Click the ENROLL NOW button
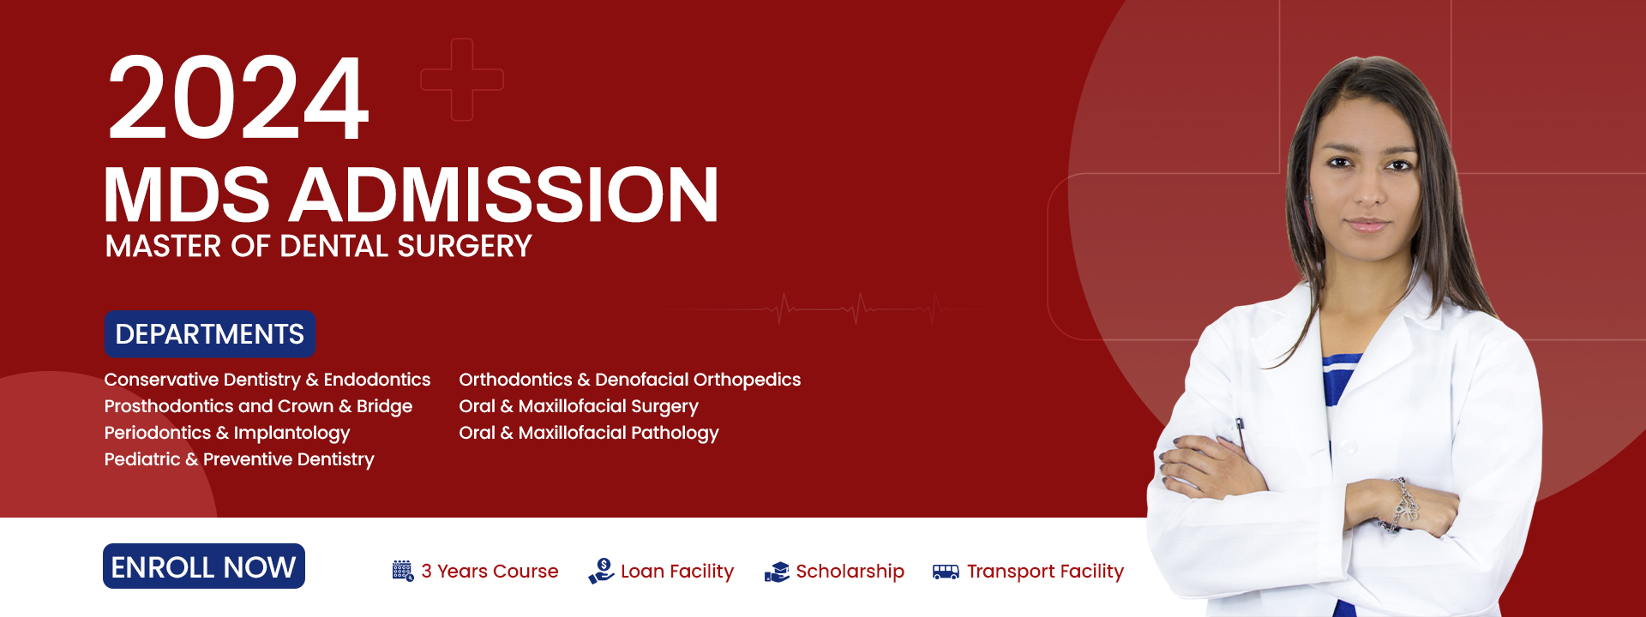(204, 566)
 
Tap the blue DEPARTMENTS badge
(209, 334)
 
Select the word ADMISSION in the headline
(504, 195)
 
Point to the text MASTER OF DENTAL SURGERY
(318, 247)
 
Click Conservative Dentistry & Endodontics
(267, 380)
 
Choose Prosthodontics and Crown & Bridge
(258, 406)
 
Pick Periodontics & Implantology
(227, 433)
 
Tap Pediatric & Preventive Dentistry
(239, 459)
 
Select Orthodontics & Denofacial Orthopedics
(629, 380)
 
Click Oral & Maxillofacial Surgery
(579, 406)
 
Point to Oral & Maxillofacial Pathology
(588, 433)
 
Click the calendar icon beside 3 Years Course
(402, 571)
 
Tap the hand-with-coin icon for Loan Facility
(601, 571)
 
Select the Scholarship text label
(850, 571)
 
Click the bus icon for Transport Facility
(946, 572)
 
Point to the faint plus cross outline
(461, 80)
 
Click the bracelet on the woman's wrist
(1403, 506)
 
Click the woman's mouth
(1367, 225)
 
